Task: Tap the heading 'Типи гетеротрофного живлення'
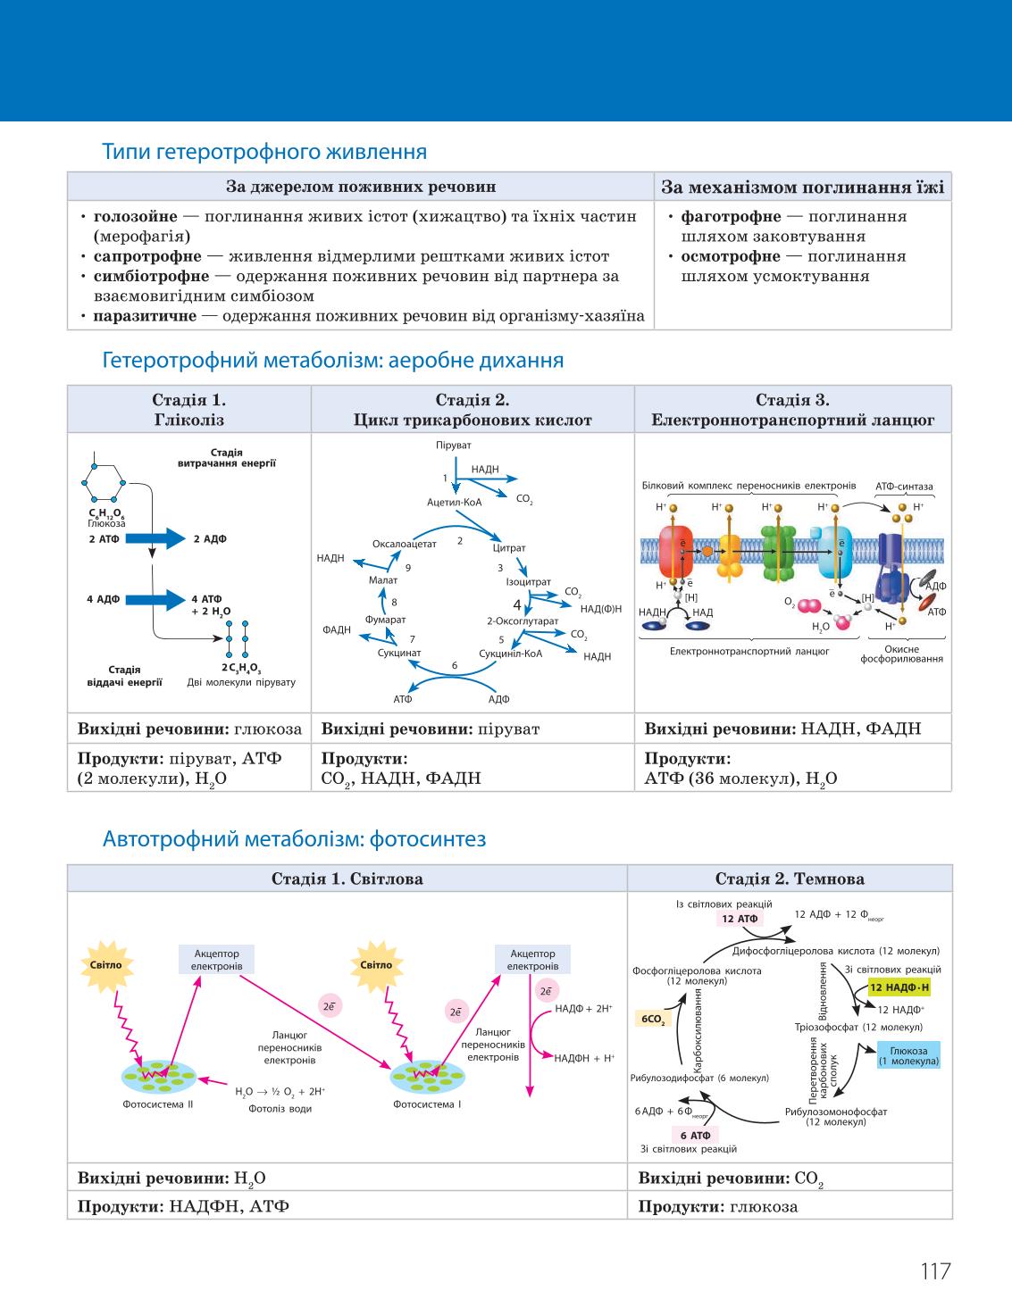[x=264, y=152]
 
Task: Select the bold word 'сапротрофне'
[x=147, y=257]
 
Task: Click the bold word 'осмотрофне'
[x=731, y=257]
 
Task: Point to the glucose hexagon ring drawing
[x=104, y=483]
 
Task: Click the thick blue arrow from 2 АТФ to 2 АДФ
[x=155, y=538]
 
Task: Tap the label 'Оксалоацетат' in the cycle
[x=404, y=544]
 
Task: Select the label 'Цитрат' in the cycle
[x=509, y=548]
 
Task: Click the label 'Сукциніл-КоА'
[x=511, y=654]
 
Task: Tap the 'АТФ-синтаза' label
[x=904, y=487]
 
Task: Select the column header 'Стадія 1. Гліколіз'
[x=189, y=410]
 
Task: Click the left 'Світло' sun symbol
[x=106, y=965]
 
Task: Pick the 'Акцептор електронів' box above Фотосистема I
[x=532, y=959]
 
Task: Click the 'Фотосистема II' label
[x=158, y=1104]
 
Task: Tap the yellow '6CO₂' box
[x=653, y=1019]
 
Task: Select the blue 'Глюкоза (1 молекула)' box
[x=908, y=1055]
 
